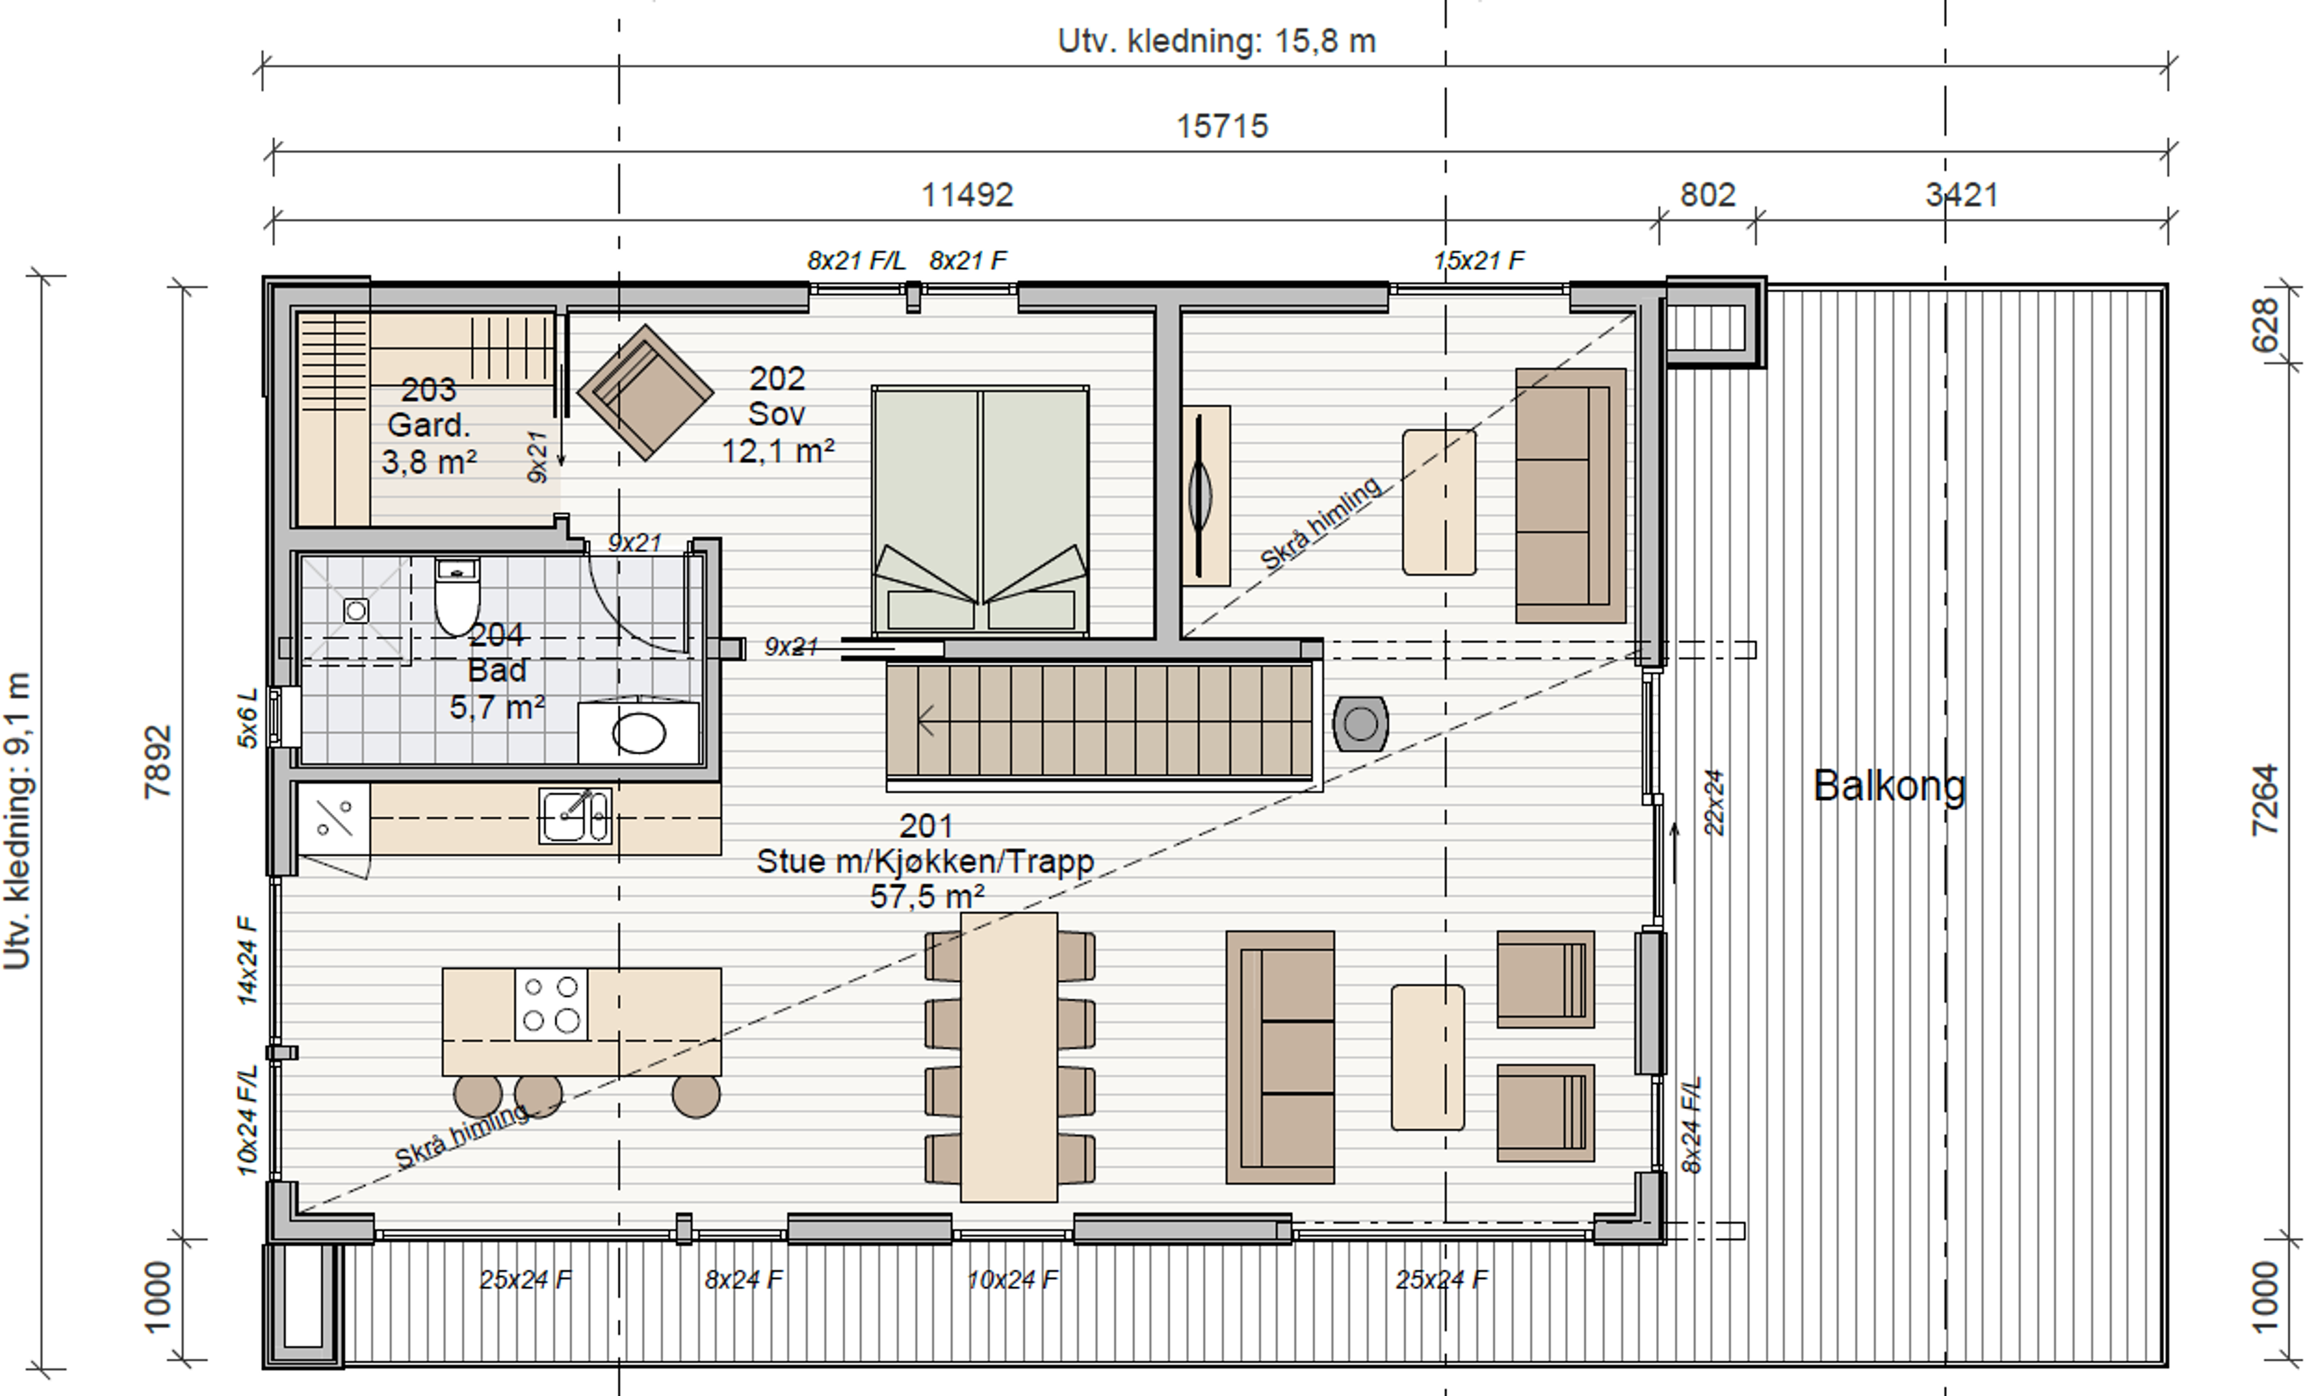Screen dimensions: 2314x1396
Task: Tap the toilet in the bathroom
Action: [x=457, y=596]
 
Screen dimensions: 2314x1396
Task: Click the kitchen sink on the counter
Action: [x=575, y=815]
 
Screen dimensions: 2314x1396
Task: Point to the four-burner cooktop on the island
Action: [x=551, y=1003]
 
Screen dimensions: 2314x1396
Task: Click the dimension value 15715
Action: [x=1223, y=126]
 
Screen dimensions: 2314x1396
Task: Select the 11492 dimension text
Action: [x=967, y=195]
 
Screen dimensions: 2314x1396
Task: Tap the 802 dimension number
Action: [x=1707, y=195]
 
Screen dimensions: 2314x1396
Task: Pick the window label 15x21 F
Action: [x=1479, y=261]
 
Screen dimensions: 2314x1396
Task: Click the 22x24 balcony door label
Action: [x=1714, y=803]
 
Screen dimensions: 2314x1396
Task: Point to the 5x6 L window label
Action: [x=246, y=718]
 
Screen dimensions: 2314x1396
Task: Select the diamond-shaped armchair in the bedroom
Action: [x=645, y=393]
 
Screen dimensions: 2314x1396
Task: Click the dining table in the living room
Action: [x=1009, y=1057]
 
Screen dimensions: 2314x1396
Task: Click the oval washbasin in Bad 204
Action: [x=639, y=734]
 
